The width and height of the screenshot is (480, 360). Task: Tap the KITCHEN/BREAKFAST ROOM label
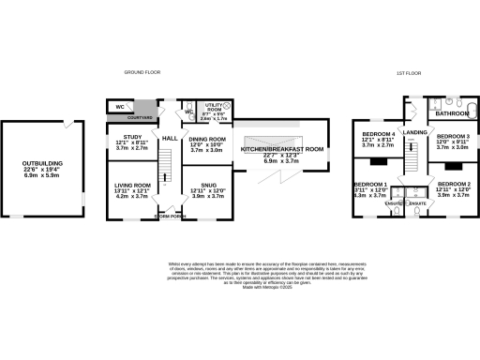pyautogui.click(x=282, y=149)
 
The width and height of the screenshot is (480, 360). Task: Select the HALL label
pyautogui.click(x=170, y=139)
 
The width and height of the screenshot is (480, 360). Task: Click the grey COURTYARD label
pyautogui.click(x=143, y=115)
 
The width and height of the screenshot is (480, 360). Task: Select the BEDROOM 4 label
pyautogui.click(x=378, y=134)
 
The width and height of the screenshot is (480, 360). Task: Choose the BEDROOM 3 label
pyautogui.click(x=453, y=137)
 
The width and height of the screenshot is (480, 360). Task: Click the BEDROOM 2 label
pyautogui.click(x=453, y=184)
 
